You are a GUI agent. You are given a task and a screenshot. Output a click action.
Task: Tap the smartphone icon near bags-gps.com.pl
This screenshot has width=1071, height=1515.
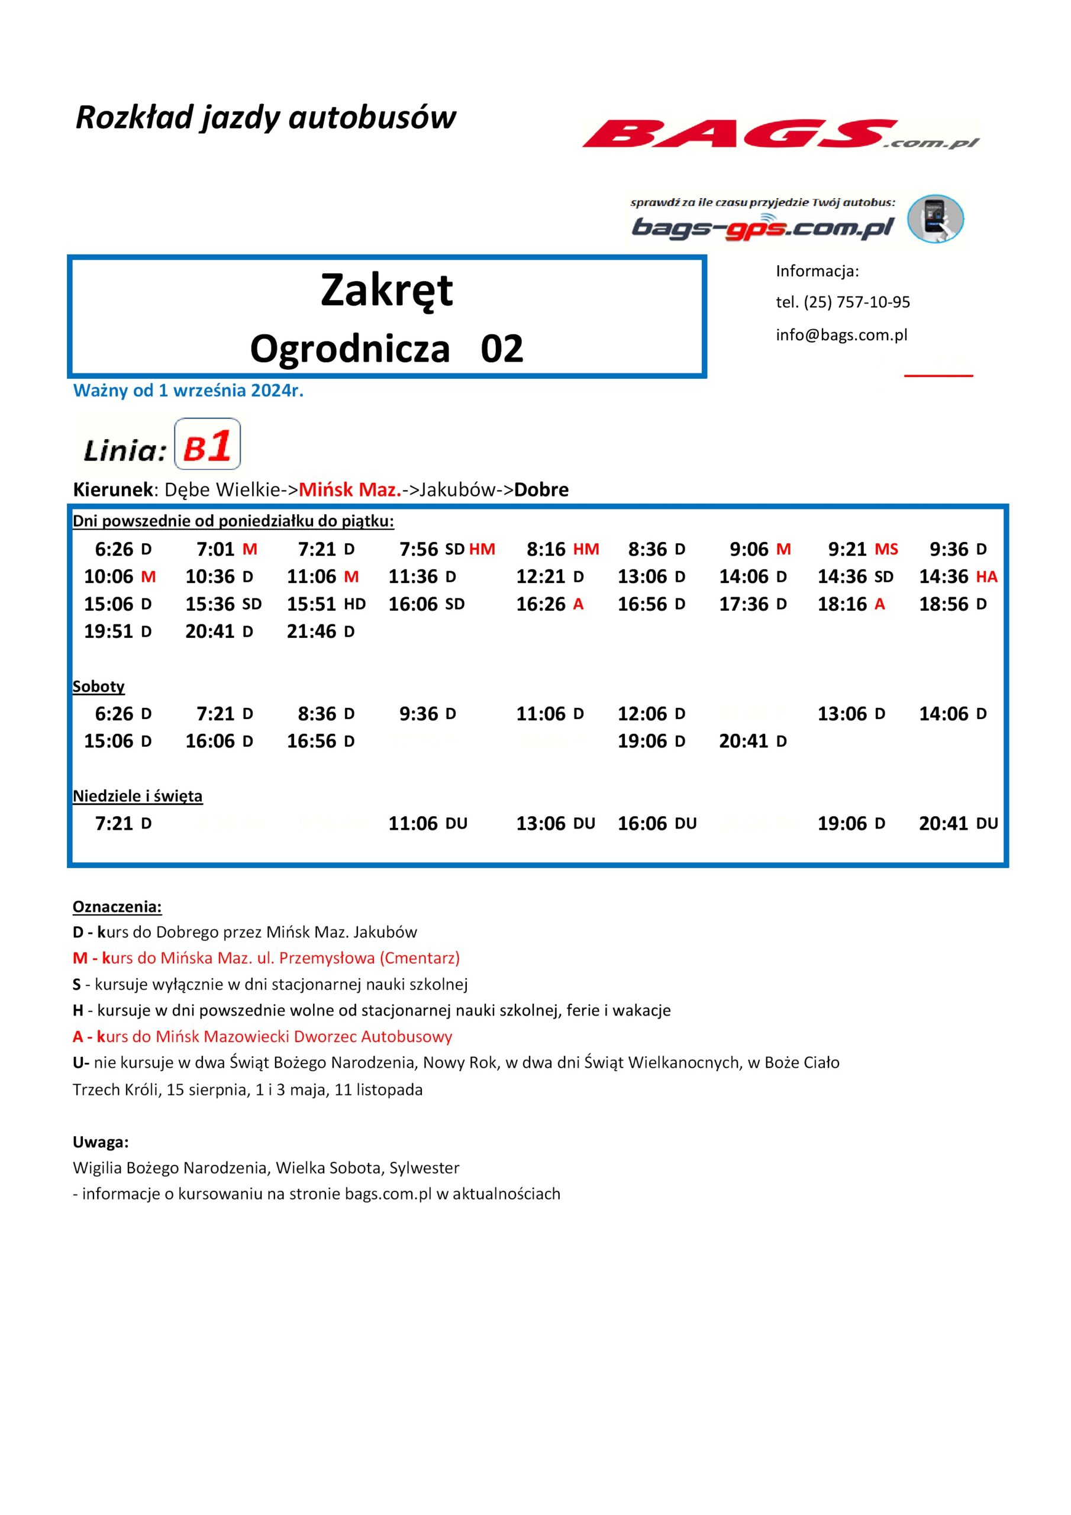935,218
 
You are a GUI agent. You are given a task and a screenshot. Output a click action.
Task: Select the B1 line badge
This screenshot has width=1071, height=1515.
207,444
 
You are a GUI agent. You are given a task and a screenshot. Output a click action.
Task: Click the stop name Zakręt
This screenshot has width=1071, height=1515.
387,291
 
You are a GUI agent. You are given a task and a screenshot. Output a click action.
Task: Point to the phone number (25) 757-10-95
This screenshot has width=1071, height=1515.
857,302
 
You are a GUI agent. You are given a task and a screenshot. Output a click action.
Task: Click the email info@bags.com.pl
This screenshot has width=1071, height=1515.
841,334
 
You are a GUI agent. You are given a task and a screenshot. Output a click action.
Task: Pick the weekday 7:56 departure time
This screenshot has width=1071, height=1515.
419,549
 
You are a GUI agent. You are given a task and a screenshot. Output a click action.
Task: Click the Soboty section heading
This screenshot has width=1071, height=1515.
98,686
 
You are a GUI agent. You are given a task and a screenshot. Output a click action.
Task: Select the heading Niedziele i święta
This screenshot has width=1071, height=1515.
137,796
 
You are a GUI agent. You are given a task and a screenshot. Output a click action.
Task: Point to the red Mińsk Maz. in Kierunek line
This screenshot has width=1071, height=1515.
350,489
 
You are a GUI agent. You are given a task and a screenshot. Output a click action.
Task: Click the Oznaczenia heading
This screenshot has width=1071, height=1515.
117,907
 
